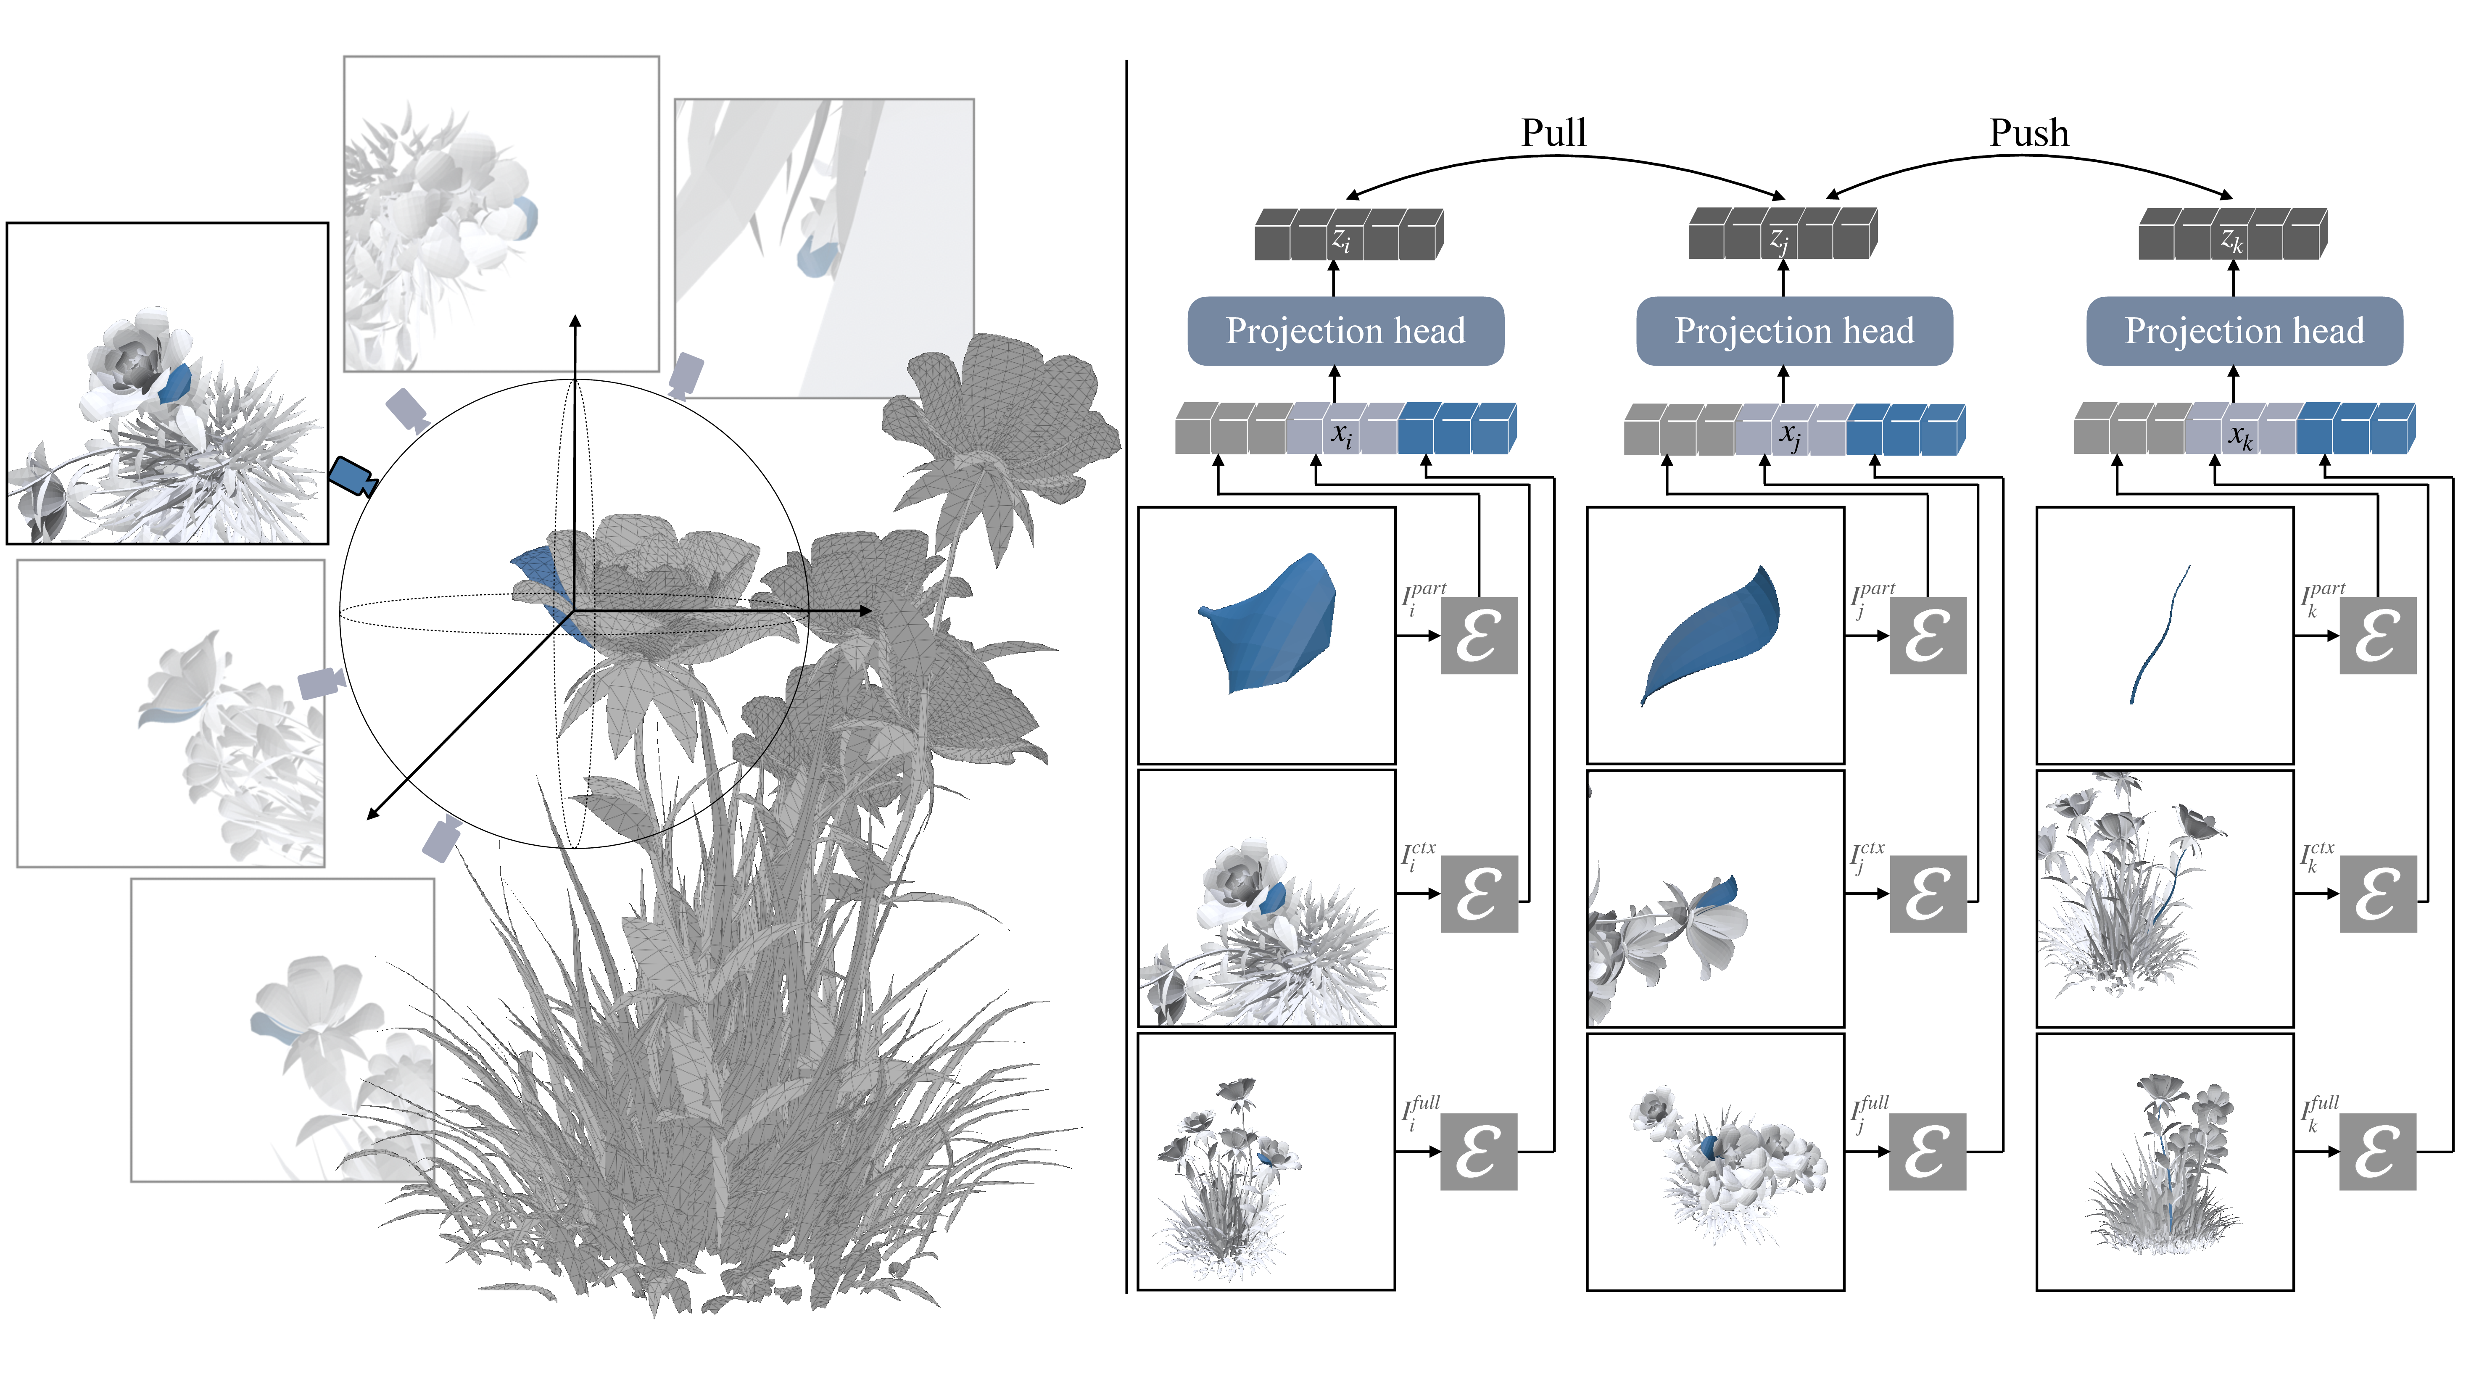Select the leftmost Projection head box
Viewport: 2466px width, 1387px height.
point(1345,331)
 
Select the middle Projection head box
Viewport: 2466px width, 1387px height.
point(1794,331)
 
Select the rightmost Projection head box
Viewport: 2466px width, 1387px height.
point(2244,331)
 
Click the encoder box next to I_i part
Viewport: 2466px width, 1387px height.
point(1479,635)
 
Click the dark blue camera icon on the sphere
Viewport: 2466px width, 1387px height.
point(351,476)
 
